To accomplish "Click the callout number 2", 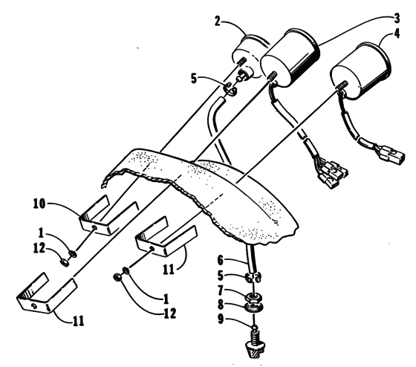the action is [217, 22].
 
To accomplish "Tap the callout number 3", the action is [397, 19].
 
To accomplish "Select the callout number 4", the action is [397, 33].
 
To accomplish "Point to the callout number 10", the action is [39, 204].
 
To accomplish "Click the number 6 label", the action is [221, 260].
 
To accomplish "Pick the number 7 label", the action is [221, 290].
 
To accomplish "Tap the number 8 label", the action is [221, 305].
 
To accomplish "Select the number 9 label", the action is [221, 319].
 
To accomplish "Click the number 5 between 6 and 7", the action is [221, 276].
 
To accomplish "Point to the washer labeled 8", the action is [253, 308].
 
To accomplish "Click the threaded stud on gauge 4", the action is [341, 85].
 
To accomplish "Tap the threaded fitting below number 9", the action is [254, 345].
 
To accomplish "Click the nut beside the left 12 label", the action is [65, 262].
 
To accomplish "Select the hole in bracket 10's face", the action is [94, 227].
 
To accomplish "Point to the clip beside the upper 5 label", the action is [230, 89].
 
